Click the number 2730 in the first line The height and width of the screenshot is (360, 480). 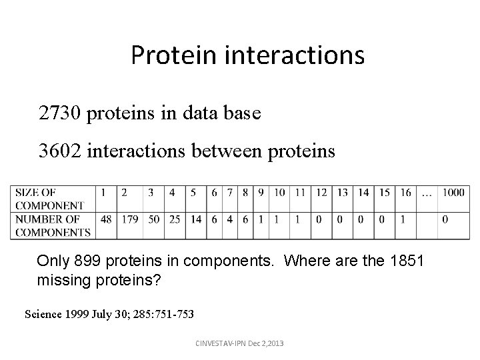[61, 114]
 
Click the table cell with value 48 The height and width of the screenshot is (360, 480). [105, 219]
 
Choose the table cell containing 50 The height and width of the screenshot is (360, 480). [153, 219]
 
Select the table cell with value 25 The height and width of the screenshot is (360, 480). [174, 219]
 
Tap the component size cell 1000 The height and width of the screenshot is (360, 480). [453, 193]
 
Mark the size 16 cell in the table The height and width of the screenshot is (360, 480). [405, 193]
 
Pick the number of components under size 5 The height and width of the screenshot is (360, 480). [195, 219]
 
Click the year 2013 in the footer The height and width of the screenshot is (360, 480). [274, 343]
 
